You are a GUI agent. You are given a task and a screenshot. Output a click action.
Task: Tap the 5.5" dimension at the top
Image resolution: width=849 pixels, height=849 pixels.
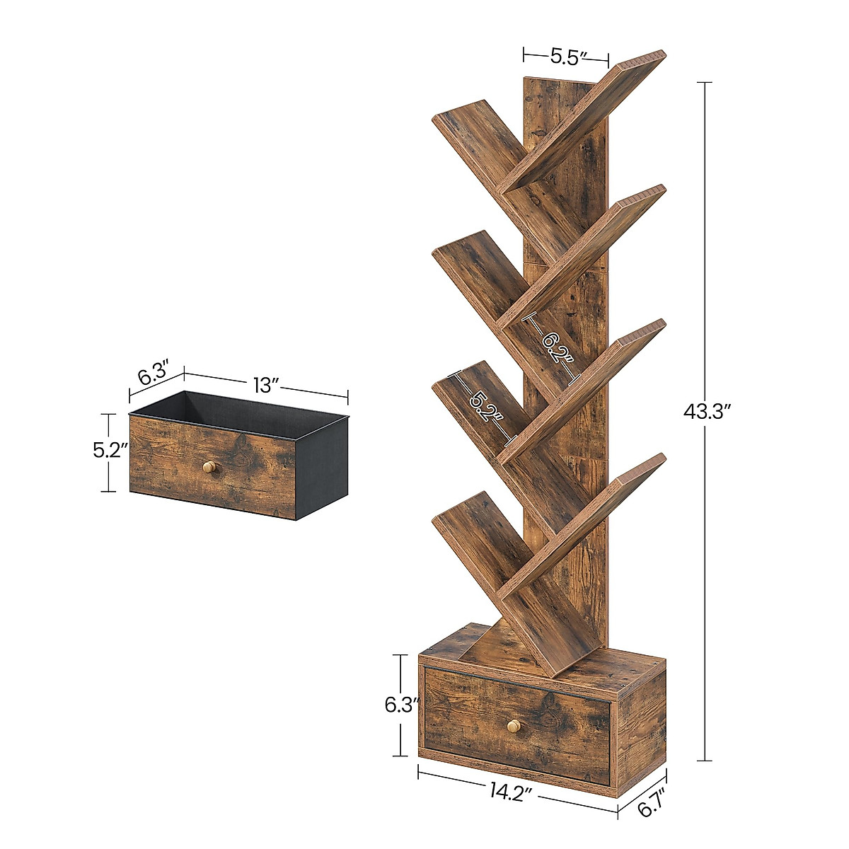click(566, 57)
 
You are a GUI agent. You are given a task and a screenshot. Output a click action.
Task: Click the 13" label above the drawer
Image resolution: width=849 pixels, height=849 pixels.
click(266, 386)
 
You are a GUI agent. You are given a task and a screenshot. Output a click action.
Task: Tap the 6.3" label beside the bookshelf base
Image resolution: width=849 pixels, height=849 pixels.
click(403, 705)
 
